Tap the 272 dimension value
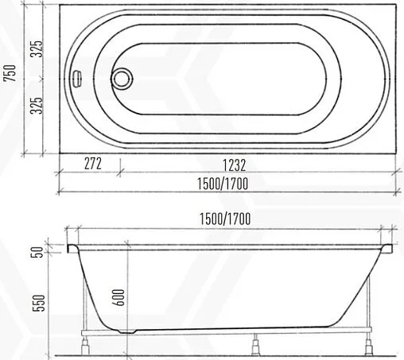click(x=92, y=164)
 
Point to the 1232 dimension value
click(x=233, y=165)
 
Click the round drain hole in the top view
click(x=122, y=79)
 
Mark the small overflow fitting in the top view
click(x=77, y=79)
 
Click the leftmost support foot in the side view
click(x=87, y=343)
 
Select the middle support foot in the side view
click(x=255, y=343)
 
